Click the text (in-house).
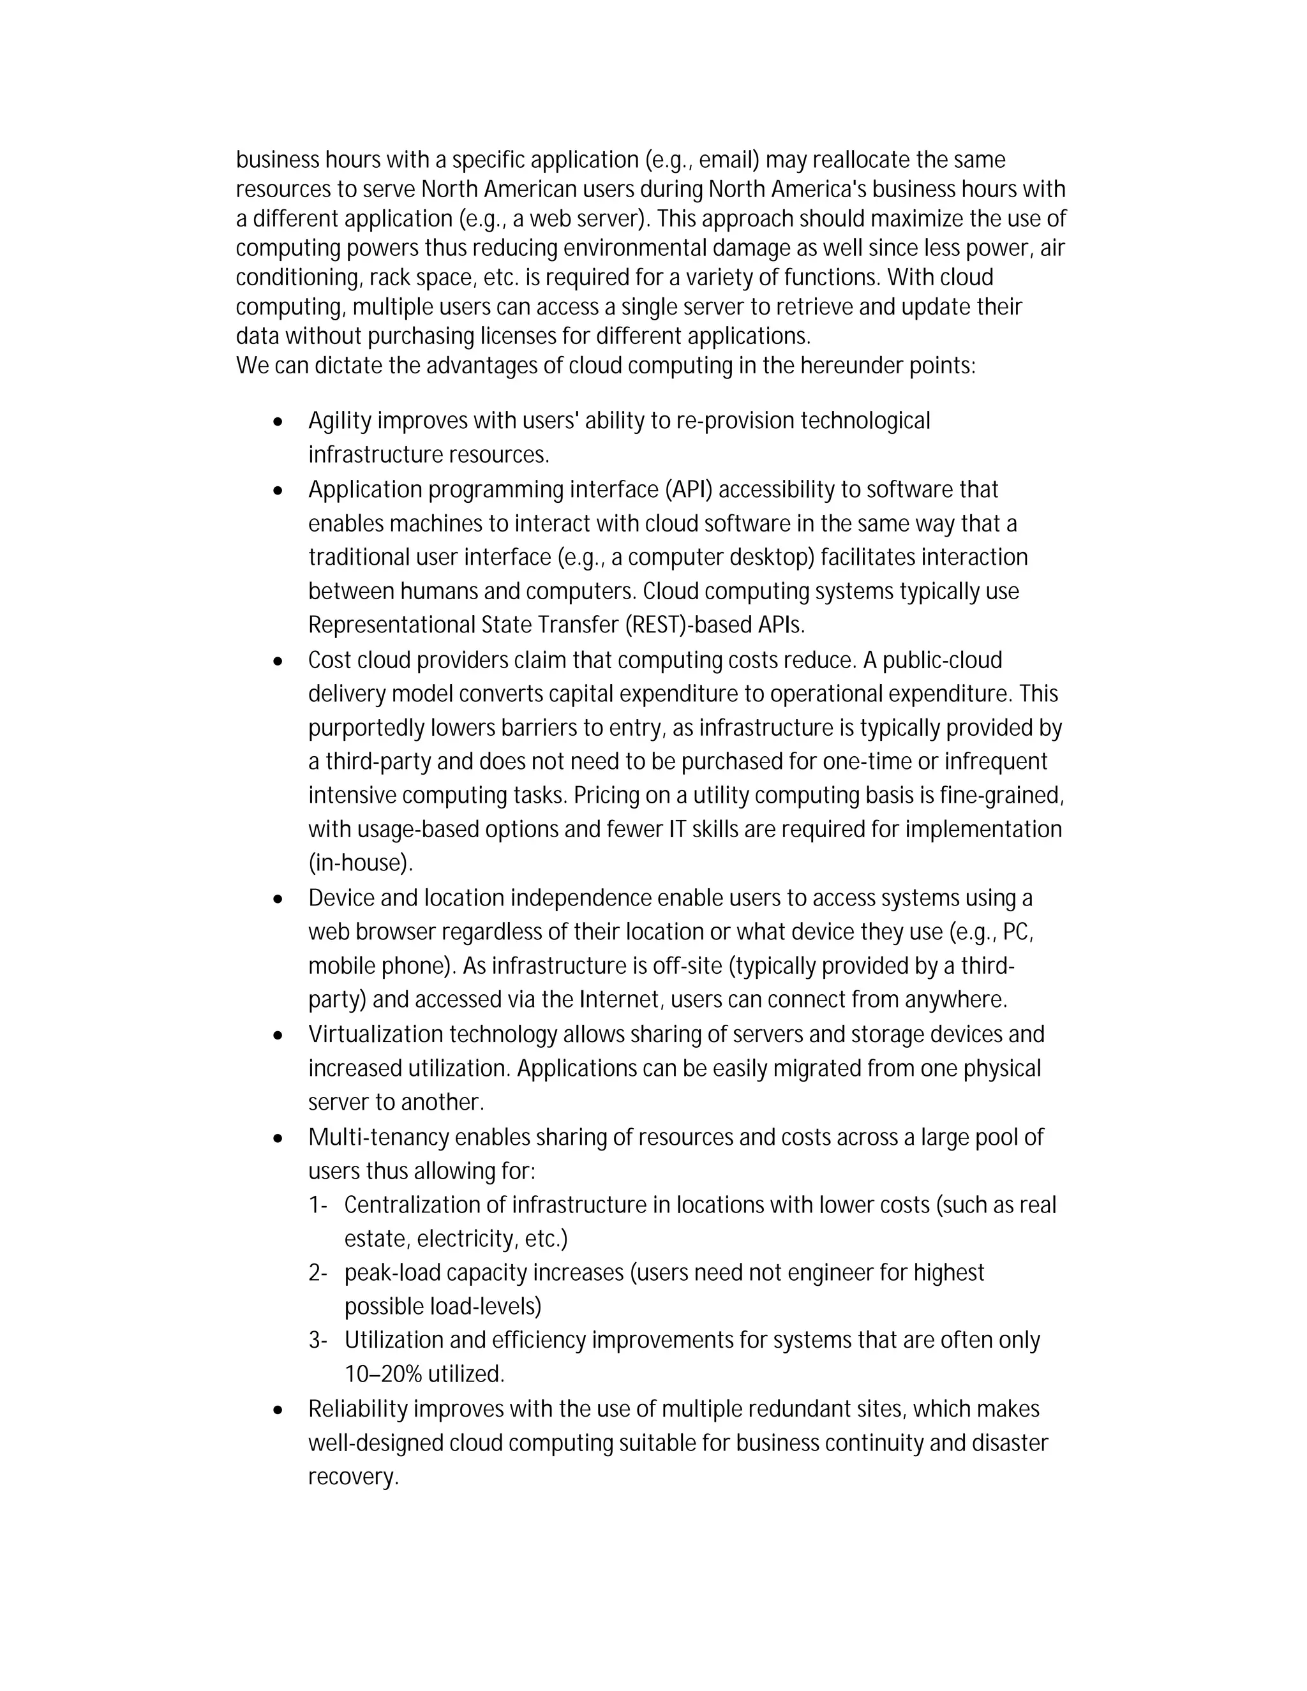tap(360, 863)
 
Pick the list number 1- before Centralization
tap(317, 1205)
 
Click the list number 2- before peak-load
tap(317, 1273)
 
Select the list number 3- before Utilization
tap(317, 1340)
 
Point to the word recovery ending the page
tap(352, 1477)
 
